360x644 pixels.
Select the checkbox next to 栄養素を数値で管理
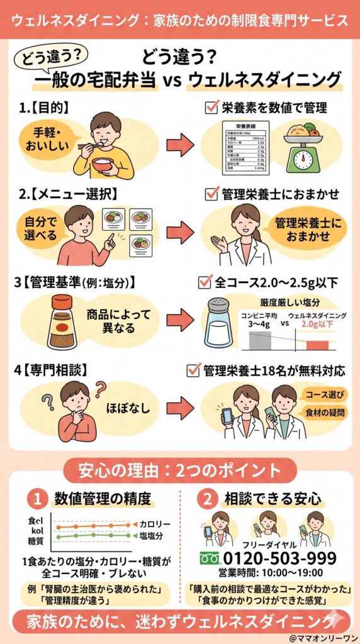pos(211,108)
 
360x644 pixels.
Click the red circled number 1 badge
pos(38,499)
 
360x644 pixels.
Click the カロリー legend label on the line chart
pos(152,524)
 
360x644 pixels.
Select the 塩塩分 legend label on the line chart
pos(152,536)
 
